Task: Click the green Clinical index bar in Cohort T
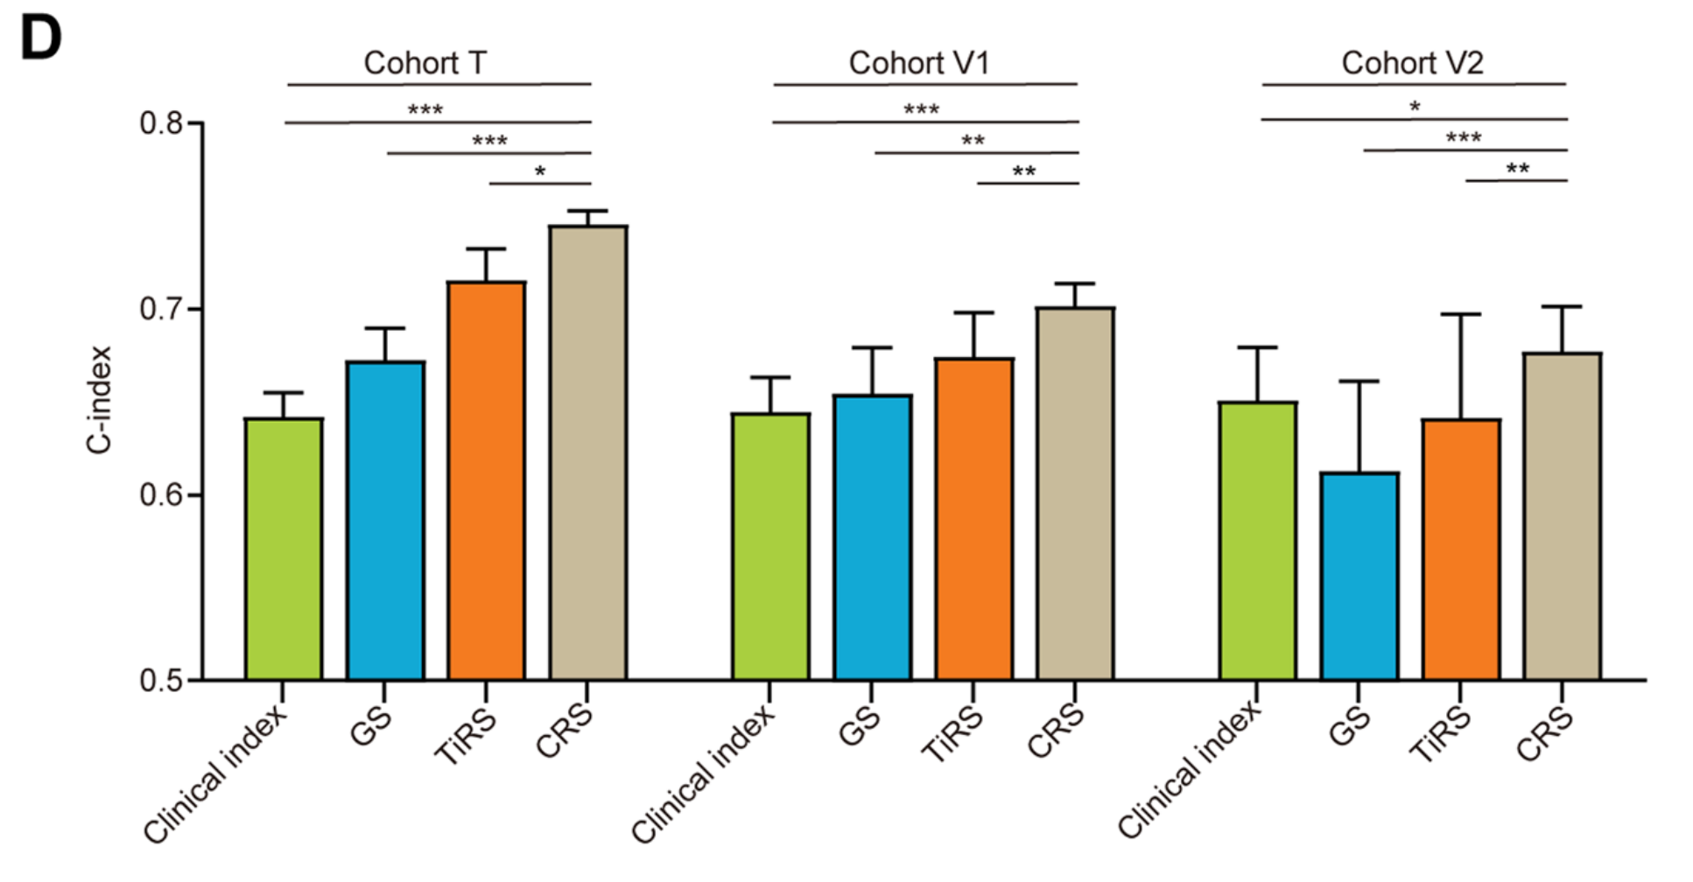pos(283,549)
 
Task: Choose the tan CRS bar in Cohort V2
pos(1562,516)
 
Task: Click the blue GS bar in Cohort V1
pos(872,537)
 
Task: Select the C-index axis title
pos(100,400)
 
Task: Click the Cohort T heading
pos(425,63)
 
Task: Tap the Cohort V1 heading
pos(918,63)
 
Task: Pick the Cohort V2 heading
pos(1411,63)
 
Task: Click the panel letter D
pos(40,39)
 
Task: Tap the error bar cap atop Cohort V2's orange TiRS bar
pos(1460,314)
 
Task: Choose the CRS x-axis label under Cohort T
pos(565,731)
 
